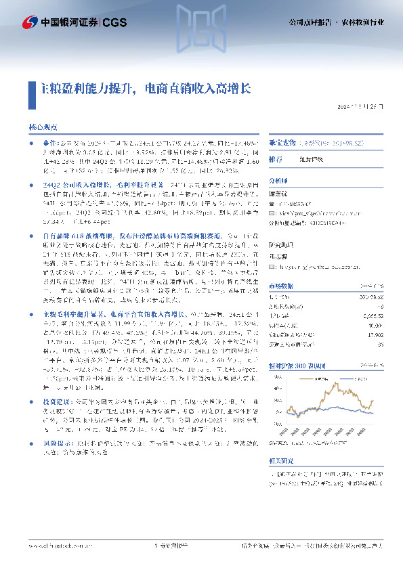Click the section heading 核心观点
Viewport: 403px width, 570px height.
click(43, 127)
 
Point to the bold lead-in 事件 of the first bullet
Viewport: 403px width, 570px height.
click(49, 144)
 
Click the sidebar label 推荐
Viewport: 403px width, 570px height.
click(276, 159)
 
